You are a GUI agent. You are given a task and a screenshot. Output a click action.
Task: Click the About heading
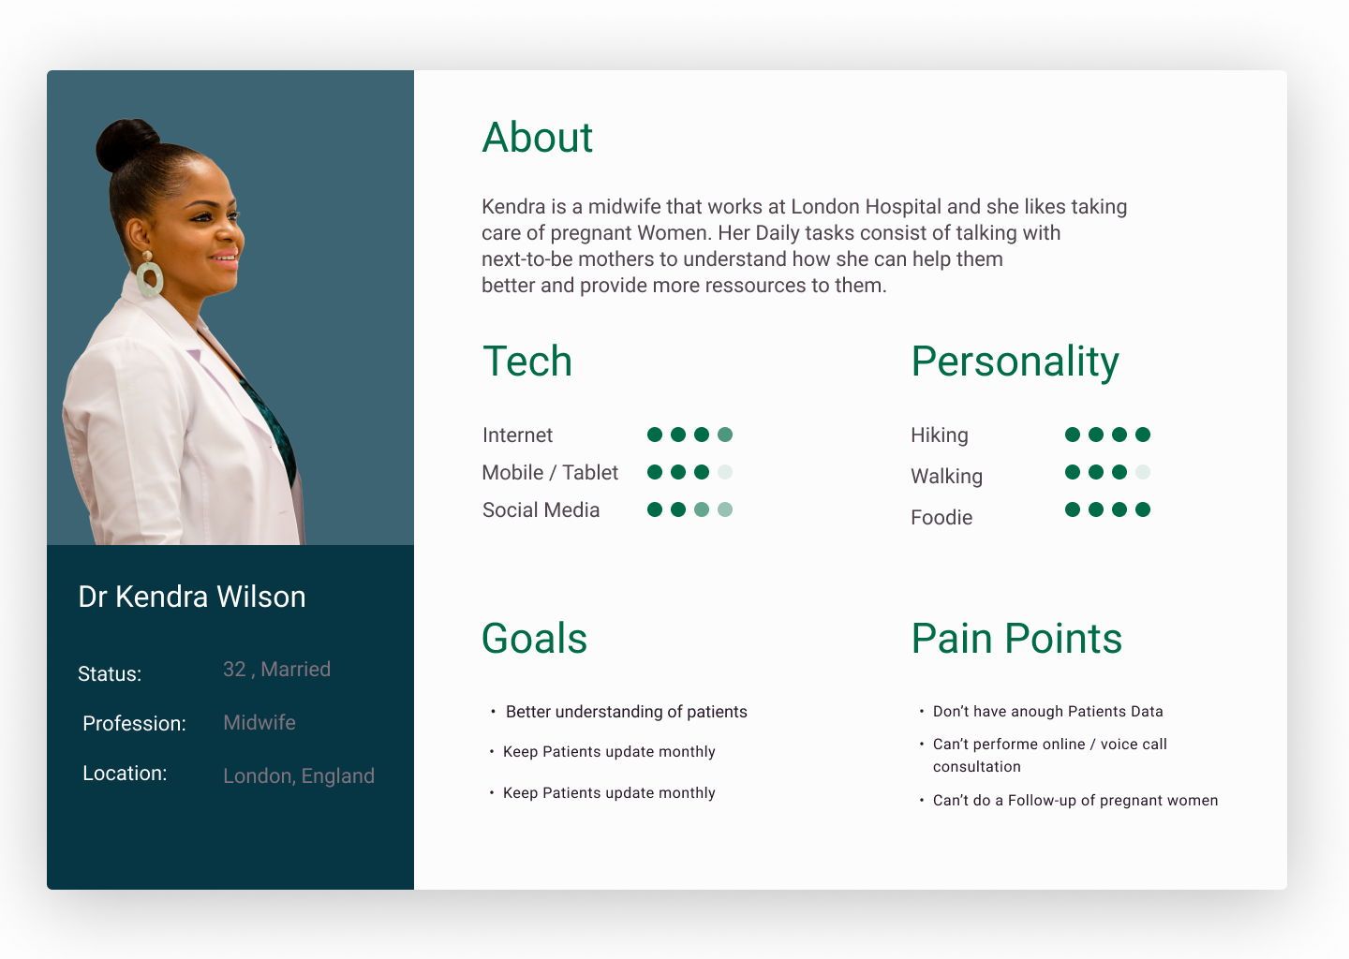point(537,138)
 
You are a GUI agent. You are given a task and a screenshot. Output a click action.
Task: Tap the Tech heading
point(526,361)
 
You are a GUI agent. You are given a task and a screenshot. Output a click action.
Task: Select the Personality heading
point(1015,362)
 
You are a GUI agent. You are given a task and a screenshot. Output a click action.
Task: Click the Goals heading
point(534,638)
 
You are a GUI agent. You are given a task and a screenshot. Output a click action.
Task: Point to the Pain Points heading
point(1016,638)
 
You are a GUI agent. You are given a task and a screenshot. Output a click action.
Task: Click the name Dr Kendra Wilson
point(191,597)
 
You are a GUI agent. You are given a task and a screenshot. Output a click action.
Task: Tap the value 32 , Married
point(276,670)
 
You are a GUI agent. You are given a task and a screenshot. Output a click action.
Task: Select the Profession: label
point(134,723)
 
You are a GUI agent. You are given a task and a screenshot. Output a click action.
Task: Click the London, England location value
point(299,776)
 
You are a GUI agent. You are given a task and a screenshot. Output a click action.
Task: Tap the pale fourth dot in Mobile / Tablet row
point(725,472)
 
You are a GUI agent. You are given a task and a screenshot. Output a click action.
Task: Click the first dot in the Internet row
point(655,435)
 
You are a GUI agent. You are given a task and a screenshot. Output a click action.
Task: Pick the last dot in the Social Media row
point(725,509)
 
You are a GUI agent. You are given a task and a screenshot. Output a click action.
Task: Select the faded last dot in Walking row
point(1143,472)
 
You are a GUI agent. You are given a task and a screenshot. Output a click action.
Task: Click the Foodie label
point(941,518)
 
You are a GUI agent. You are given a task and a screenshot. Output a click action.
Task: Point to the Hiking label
point(940,435)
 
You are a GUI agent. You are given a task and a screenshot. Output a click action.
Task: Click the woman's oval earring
point(149,278)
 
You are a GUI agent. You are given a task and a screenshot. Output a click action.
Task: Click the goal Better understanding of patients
point(627,712)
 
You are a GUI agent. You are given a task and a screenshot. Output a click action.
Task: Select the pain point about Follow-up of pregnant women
point(1075,800)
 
